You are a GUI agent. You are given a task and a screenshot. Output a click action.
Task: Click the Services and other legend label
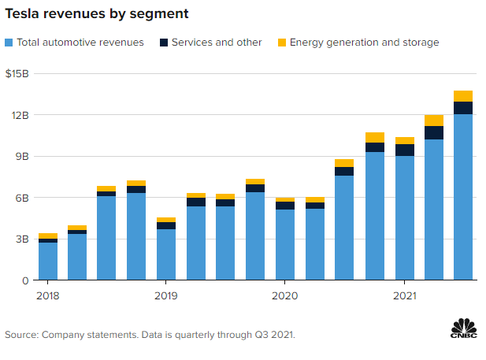coord(217,42)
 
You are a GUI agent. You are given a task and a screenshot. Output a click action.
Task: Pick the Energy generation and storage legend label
coord(364,42)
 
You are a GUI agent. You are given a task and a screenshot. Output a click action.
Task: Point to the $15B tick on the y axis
coord(17,74)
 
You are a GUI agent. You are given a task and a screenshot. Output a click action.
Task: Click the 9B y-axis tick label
coord(21,156)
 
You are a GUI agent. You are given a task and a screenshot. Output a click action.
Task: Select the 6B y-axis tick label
coord(21,198)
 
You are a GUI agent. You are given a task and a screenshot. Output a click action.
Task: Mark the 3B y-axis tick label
coord(21,239)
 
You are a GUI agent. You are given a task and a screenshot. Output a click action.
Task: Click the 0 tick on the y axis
coord(24,280)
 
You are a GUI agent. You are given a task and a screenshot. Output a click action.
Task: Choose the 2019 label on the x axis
coord(165,295)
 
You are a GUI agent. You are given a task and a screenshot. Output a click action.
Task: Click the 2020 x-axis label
coord(284,295)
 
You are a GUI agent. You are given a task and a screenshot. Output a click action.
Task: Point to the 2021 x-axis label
coord(404,295)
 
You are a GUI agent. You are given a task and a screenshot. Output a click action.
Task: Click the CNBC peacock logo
coord(464,328)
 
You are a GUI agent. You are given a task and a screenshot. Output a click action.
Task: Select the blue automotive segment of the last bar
coord(463,197)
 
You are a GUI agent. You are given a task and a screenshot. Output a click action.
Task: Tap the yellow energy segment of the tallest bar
coord(463,96)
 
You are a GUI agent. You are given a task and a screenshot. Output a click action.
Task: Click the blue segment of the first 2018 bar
coord(47,261)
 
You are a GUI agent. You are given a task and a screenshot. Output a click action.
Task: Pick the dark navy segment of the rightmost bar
coord(463,108)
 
